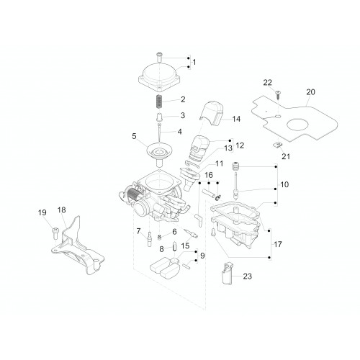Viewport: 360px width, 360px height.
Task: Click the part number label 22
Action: tap(268, 83)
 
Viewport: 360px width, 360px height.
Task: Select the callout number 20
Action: tap(310, 92)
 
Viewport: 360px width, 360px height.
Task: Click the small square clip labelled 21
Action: tap(278, 145)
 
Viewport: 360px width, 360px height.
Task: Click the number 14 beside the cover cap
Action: tap(236, 119)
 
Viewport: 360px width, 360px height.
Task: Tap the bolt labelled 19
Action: tap(55, 233)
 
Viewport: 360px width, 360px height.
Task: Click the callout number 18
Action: tap(61, 210)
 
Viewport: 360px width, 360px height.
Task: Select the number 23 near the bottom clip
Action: tap(248, 276)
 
